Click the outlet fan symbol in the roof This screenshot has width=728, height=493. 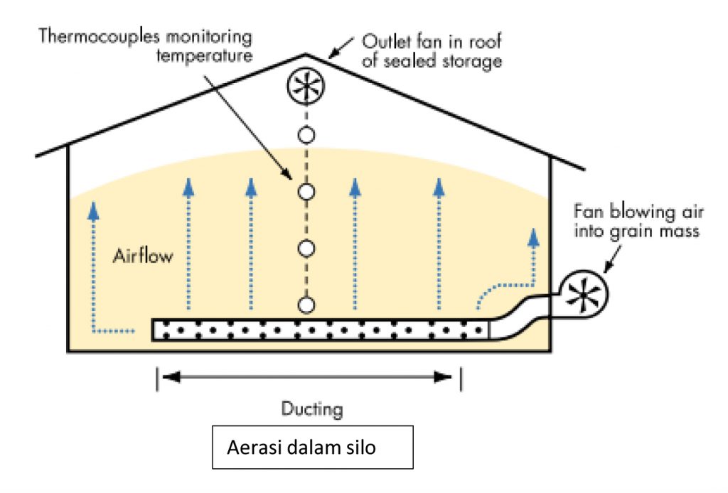coord(306,87)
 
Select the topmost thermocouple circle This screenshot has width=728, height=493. coord(306,134)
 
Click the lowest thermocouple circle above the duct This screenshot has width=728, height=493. coord(306,305)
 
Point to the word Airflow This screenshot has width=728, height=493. coord(142,256)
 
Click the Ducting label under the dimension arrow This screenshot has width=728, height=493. coord(312,409)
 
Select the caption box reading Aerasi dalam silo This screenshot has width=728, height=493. coord(313,447)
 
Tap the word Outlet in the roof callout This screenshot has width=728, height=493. coord(384,40)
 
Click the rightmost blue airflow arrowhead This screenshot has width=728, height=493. coord(532,236)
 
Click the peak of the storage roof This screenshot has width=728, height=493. coord(306,55)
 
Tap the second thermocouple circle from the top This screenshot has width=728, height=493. coord(306,191)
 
